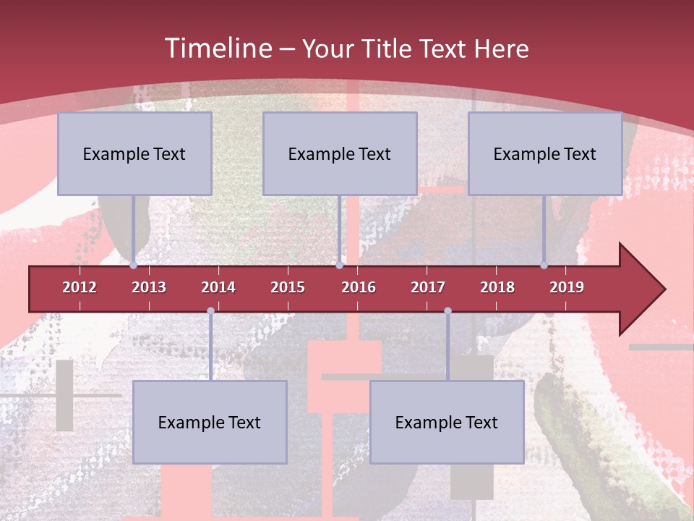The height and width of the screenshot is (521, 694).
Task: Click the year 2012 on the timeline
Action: (x=80, y=287)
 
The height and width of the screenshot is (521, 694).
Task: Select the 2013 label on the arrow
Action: (x=149, y=287)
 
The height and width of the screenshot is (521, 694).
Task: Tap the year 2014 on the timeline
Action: (x=218, y=287)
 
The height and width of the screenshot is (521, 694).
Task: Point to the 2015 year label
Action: (x=288, y=287)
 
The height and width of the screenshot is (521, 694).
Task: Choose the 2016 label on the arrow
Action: (x=359, y=287)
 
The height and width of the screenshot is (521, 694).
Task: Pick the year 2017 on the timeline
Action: (x=428, y=287)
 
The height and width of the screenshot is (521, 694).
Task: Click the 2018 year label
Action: (x=497, y=287)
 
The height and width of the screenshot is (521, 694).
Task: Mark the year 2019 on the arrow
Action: (x=567, y=287)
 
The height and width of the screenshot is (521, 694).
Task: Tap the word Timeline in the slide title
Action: (x=218, y=48)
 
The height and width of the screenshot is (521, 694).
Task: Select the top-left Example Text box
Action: (x=134, y=153)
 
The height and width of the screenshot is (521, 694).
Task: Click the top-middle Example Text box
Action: (x=340, y=153)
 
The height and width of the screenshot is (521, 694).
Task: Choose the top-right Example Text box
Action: (x=545, y=153)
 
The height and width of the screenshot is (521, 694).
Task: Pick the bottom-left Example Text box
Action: (x=210, y=422)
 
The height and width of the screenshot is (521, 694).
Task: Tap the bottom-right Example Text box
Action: (x=447, y=422)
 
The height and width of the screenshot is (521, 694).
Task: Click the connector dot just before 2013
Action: (x=134, y=266)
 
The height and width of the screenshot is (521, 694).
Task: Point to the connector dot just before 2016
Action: (x=340, y=266)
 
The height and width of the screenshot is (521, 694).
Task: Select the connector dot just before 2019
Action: (x=544, y=266)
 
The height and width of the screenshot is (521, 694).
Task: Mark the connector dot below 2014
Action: (x=210, y=311)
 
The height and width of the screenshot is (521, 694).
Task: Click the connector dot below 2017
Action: (x=447, y=311)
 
